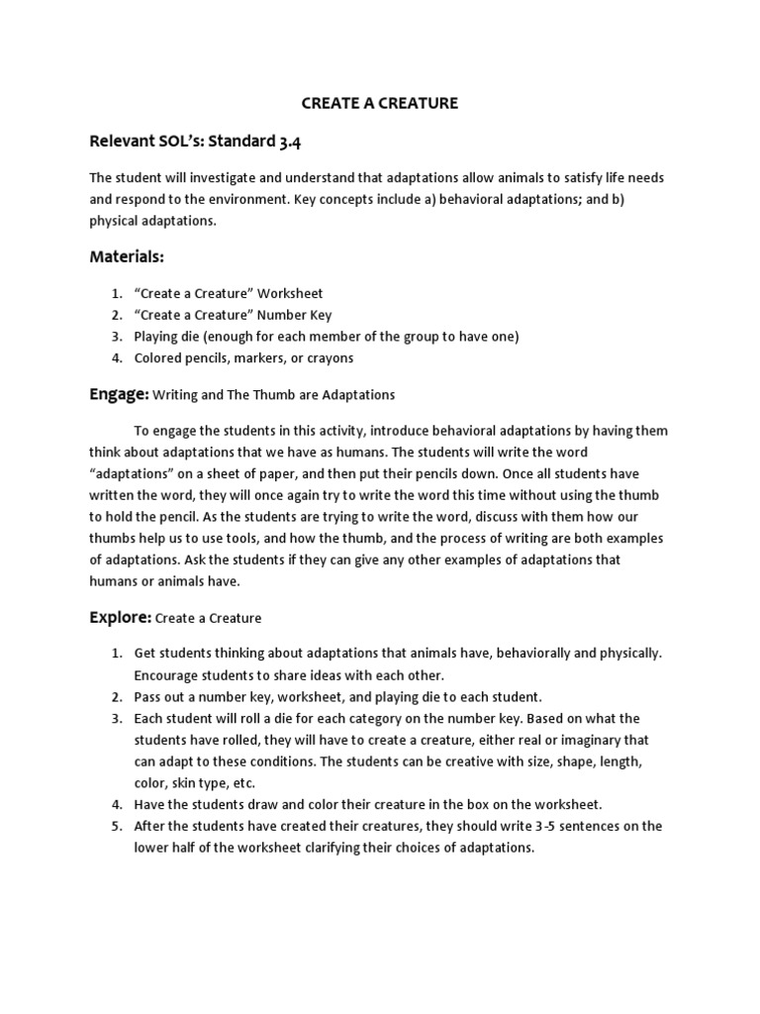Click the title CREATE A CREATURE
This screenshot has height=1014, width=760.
tap(380, 102)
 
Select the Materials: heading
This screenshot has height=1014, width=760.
tap(127, 256)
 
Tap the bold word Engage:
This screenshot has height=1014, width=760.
tap(119, 393)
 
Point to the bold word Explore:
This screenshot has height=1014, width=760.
tap(121, 617)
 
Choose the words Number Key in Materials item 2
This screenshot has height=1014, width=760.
tap(289, 315)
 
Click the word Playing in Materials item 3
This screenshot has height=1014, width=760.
tap(158, 337)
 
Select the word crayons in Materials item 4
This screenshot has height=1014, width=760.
tap(330, 358)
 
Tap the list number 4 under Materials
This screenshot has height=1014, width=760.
tap(116, 358)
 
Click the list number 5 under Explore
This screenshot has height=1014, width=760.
tap(116, 826)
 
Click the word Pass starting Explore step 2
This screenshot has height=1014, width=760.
tap(147, 696)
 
